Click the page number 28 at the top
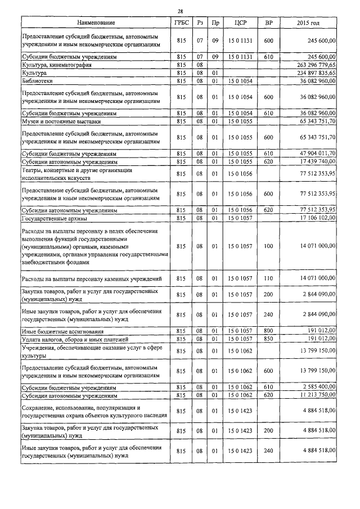[x=179, y=11]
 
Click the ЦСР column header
[x=236, y=22]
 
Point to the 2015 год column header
[x=308, y=22]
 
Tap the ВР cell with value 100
[x=268, y=246]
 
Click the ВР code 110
[x=268, y=278]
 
